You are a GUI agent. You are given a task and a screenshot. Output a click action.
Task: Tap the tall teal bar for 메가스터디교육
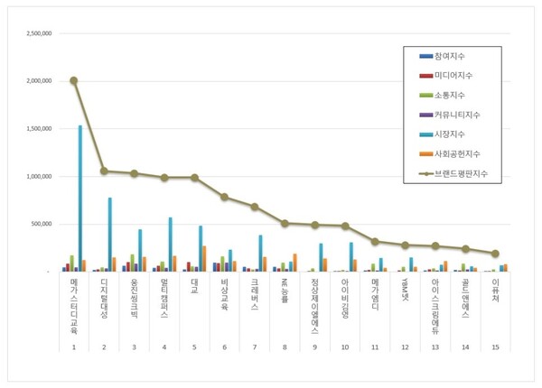(79, 199)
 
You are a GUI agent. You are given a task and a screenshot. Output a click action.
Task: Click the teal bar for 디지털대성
(110, 235)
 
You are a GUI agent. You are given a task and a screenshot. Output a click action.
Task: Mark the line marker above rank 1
(73, 80)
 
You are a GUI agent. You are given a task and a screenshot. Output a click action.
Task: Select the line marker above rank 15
(495, 253)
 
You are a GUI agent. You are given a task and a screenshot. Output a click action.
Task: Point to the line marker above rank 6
(224, 197)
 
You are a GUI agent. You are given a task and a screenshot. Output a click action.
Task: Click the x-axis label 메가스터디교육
(73, 306)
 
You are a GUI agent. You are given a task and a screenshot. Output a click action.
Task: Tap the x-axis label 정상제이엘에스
(314, 306)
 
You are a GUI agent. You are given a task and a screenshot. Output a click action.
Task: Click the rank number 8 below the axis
(285, 346)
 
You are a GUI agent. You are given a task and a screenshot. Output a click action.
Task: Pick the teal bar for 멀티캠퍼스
(170, 244)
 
